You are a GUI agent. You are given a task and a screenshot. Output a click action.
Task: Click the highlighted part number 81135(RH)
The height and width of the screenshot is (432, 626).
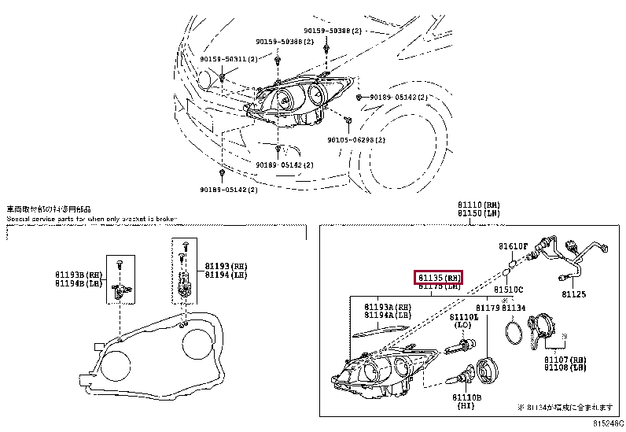439,277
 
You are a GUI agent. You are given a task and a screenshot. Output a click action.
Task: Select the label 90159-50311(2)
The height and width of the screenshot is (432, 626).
228,60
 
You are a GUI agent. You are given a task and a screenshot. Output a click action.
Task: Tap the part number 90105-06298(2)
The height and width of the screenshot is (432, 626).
356,139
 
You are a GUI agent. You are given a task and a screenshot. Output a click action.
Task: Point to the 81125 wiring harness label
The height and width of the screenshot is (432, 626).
574,294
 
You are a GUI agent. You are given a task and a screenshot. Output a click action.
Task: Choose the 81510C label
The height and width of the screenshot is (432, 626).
507,290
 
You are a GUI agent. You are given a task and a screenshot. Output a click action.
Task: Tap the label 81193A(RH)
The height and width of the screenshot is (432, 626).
387,306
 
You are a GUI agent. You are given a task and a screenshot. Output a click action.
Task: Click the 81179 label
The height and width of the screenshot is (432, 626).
488,308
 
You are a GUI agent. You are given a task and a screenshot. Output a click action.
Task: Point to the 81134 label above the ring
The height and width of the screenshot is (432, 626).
514,308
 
